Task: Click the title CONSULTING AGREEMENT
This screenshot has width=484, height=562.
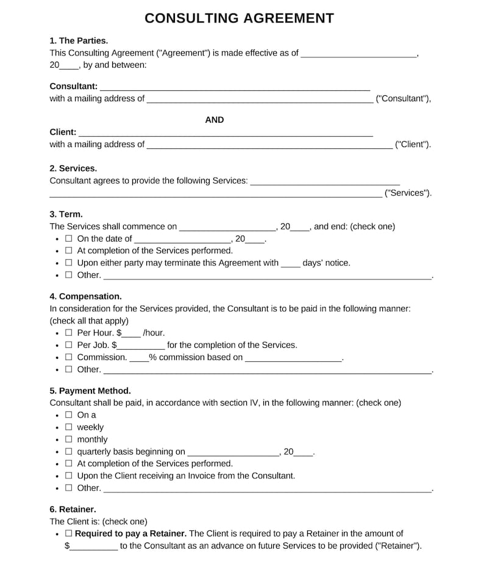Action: point(239,18)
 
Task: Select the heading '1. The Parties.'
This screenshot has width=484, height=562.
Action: point(79,41)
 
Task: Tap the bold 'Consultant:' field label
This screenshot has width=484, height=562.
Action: point(73,86)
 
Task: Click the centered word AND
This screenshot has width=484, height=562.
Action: point(215,120)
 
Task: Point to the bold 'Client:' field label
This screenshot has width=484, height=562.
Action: point(63,132)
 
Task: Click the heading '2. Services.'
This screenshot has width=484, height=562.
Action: point(73,168)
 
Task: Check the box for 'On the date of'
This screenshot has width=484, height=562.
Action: point(68,239)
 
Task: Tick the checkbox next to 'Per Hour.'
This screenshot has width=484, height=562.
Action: point(68,333)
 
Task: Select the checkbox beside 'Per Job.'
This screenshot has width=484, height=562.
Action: point(68,345)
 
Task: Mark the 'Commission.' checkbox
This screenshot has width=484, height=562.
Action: point(68,357)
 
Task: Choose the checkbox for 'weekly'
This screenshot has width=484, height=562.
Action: point(68,427)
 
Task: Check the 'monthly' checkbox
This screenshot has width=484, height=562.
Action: point(68,439)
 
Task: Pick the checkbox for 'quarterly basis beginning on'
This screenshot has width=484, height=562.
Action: point(68,452)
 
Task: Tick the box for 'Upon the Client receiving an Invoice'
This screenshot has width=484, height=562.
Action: point(68,475)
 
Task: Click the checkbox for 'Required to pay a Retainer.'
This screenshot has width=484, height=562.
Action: point(68,533)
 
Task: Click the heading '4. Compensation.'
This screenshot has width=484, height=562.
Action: point(85,297)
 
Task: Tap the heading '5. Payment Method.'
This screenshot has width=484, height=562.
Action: point(90,391)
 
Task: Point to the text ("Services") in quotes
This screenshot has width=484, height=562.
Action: point(408,193)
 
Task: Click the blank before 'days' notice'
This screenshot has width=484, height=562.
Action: point(291,264)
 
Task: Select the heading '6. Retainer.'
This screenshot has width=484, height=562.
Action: point(73,509)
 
